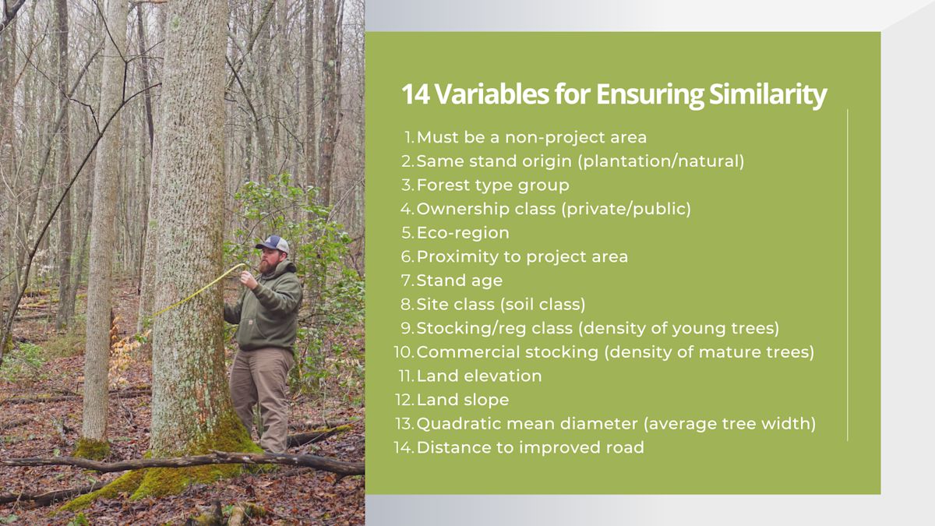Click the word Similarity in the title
pyautogui.click(x=768, y=95)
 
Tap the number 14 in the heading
pyautogui.click(x=416, y=94)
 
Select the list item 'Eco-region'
pyautogui.click(x=463, y=232)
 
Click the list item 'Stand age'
pyautogui.click(x=459, y=281)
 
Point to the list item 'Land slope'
pyautogui.click(x=463, y=400)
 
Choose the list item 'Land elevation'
pyautogui.click(x=478, y=376)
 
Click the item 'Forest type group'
pyautogui.click(x=492, y=185)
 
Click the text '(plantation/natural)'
pyautogui.click(x=661, y=161)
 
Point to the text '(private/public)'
pyautogui.click(x=626, y=209)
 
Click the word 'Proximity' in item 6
pyautogui.click(x=457, y=256)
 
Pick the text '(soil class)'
pyautogui.click(x=542, y=305)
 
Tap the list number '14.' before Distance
pyautogui.click(x=404, y=447)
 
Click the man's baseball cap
pyautogui.click(x=273, y=244)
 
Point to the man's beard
pyautogui.click(x=267, y=267)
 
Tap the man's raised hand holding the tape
pyautogui.click(x=249, y=279)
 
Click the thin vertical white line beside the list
pyautogui.click(x=848, y=274)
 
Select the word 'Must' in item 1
pyautogui.click(x=437, y=137)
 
